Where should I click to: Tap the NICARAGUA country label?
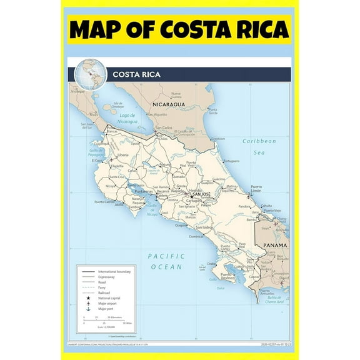point(170,104)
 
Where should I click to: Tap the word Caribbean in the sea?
point(259,141)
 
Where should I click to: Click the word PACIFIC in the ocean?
point(166,256)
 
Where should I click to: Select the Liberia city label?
point(123,154)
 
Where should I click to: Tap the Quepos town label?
point(181,225)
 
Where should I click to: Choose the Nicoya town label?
point(111,186)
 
